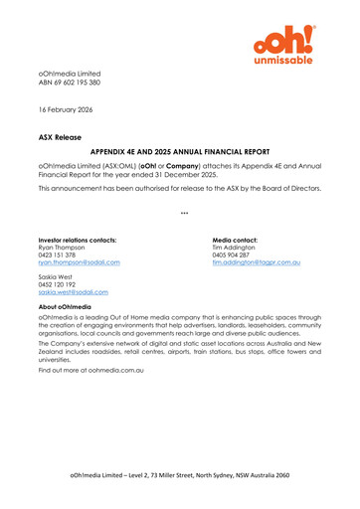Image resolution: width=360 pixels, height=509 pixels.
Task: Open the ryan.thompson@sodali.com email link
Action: tap(79, 263)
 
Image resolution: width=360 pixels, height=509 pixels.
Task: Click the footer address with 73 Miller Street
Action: tap(180, 476)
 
